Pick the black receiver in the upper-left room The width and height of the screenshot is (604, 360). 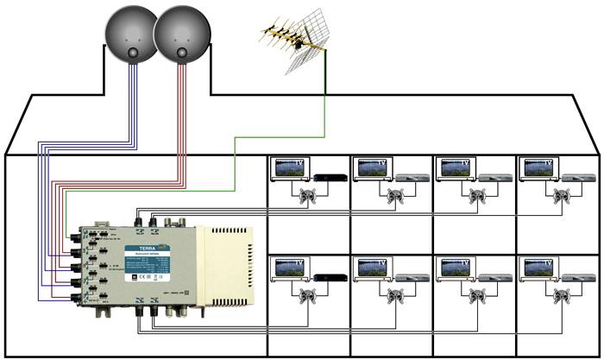[327, 178]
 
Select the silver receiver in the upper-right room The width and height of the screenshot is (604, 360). [576, 178]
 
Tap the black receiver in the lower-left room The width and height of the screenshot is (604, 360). [327, 277]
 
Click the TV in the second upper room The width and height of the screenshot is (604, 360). [373, 168]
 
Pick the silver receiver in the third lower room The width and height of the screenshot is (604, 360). [493, 277]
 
